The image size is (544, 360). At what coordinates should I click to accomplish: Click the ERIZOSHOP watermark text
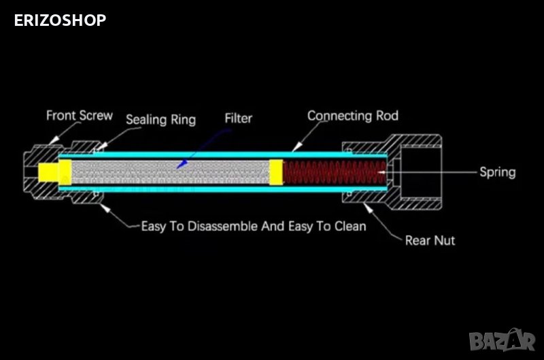pyautogui.click(x=60, y=20)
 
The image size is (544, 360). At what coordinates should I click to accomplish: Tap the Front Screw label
pyautogui.click(x=80, y=115)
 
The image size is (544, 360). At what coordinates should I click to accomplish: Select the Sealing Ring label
pyautogui.click(x=160, y=120)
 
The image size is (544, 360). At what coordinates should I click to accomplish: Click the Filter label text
pyautogui.click(x=238, y=118)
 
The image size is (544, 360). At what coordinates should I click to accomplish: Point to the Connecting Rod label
pyautogui.click(x=352, y=115)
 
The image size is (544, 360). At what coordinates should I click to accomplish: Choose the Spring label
pyautogui.click(x=497, y=172)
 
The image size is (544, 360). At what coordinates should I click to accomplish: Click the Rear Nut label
pyautogui.click(x=430, y=240)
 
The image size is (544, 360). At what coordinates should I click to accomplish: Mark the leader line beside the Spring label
pyautogui.click(x=435, y=173)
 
